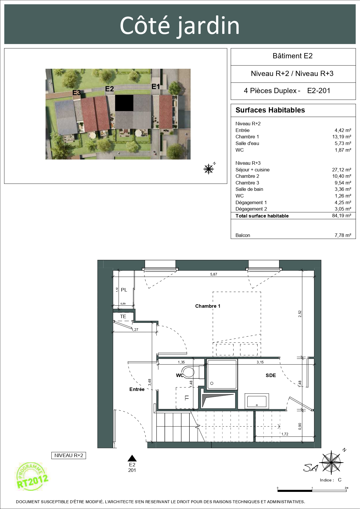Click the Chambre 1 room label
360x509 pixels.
[208, 306]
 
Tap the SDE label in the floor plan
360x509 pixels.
[271, 375]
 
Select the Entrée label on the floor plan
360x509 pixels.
[137, 389]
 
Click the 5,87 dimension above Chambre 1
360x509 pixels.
[214, 274]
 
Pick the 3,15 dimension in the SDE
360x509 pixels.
[260, 362]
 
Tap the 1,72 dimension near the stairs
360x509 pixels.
[285, 434]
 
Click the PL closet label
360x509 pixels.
[124, 290]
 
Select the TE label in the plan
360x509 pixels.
[123, 316]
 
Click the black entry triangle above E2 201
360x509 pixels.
[132, 458]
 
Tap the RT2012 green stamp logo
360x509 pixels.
[31, 477]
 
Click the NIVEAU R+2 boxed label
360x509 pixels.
[69, 455]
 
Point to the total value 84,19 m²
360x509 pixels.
[341, 215]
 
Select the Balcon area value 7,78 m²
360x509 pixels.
[343, 235]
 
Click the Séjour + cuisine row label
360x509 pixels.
[252, 170]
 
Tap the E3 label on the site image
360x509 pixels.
[77, 93]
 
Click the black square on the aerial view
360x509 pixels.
[124, 103]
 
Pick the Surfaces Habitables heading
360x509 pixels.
[270, 110]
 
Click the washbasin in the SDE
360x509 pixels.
[257, 401]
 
